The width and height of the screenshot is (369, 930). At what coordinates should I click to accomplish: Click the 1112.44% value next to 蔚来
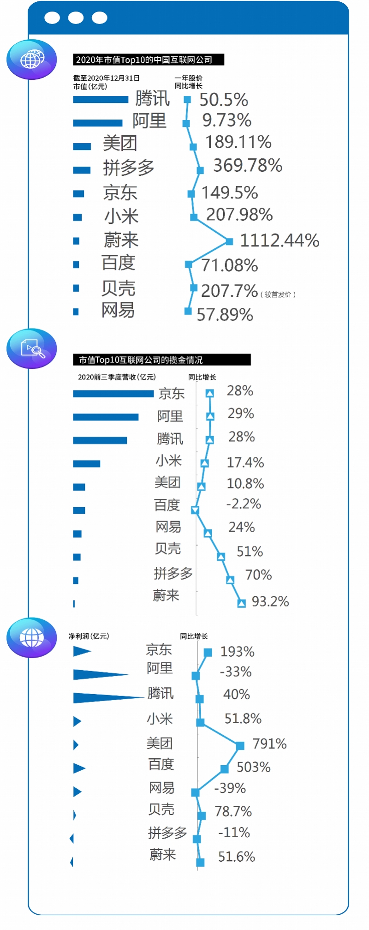click(280, 240)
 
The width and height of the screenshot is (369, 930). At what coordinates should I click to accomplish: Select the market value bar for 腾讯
click(101, 99)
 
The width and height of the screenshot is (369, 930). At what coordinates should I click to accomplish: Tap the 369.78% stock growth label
click(248, 165)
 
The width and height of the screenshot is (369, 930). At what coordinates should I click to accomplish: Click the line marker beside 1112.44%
click(229, 241)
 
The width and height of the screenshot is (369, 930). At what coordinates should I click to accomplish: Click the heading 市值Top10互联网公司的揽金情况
click(161, 360)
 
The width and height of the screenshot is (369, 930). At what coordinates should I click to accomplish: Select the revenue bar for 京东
click(113, 393)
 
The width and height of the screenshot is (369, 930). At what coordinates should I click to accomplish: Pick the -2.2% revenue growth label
click(244, 504)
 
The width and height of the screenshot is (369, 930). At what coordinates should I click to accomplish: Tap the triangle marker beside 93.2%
click(241, 603)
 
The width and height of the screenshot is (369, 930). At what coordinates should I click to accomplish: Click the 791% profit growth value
click(269, 744)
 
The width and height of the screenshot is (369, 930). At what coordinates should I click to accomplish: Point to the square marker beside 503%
click(225, 768)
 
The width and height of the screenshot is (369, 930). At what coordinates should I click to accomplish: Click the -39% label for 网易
click(230, 788)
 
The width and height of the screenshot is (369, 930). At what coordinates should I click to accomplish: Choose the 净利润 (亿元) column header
click(89, 636)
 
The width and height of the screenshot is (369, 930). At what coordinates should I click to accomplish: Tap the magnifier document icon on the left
click(32, 348)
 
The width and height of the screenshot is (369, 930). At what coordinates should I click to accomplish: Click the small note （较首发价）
click(278, 294)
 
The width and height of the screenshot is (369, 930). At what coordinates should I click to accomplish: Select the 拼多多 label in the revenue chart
click(173, 573)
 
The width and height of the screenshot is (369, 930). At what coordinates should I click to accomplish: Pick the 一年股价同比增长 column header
click(188, 82)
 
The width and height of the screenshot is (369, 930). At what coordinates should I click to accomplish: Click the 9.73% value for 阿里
click(226, 120)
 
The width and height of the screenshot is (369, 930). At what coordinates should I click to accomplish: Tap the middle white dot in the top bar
click(76, 18)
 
